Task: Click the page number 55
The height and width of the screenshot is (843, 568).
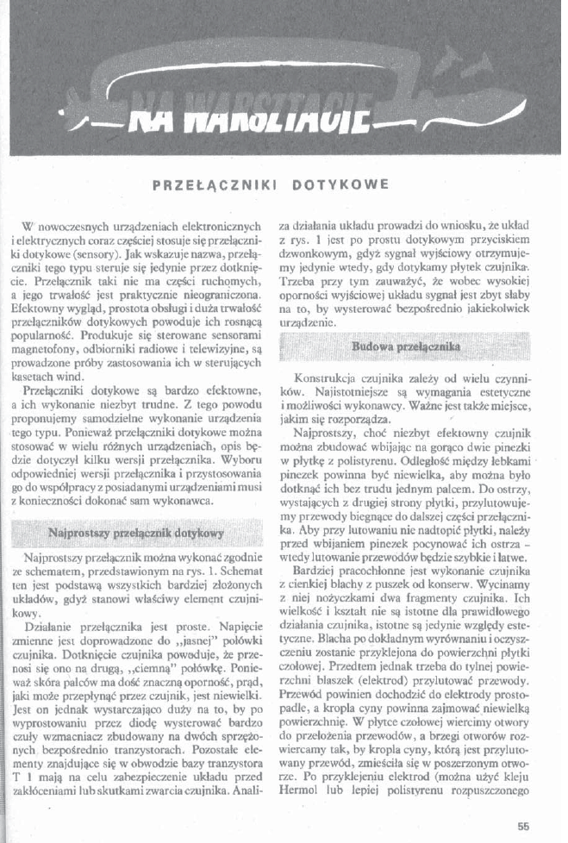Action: coord(523,824)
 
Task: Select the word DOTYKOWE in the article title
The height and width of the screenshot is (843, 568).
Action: coord(340,184)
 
